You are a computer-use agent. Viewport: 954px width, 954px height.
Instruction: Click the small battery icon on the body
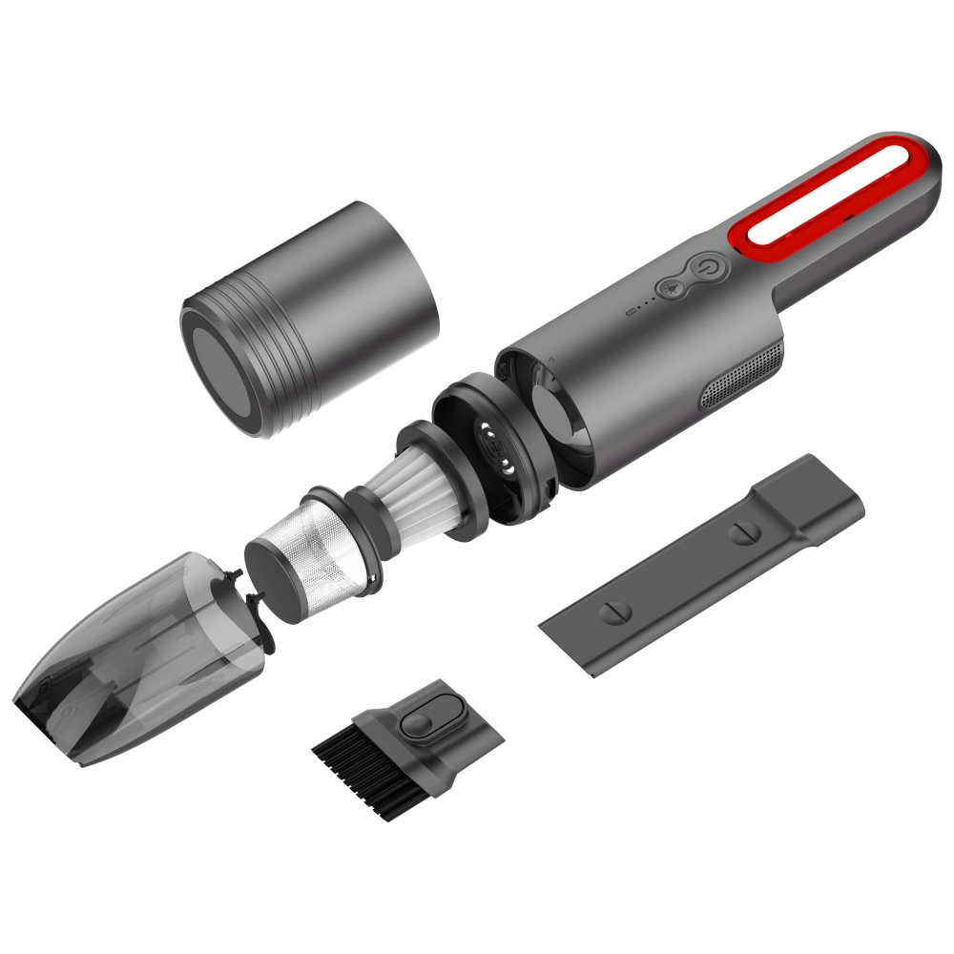click(x=629, y=311)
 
